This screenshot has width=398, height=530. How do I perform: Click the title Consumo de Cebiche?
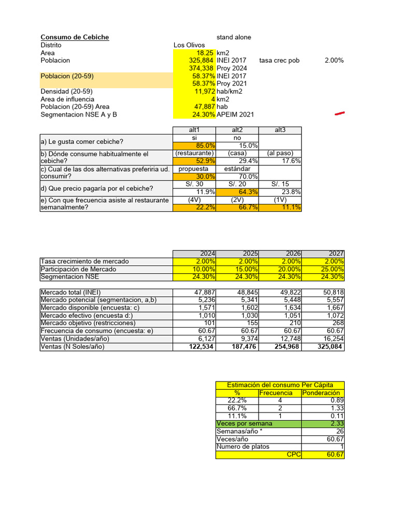75,37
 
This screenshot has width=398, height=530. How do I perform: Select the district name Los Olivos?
189,45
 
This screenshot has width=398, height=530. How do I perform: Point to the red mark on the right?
340,113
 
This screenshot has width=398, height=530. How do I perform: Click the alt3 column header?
280,130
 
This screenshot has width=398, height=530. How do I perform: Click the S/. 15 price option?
280,184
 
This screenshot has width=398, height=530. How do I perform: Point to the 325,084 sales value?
329,347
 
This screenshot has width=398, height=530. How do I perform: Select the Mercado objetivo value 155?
251,323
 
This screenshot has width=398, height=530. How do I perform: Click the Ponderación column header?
323,393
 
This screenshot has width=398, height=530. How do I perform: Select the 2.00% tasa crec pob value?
334,61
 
